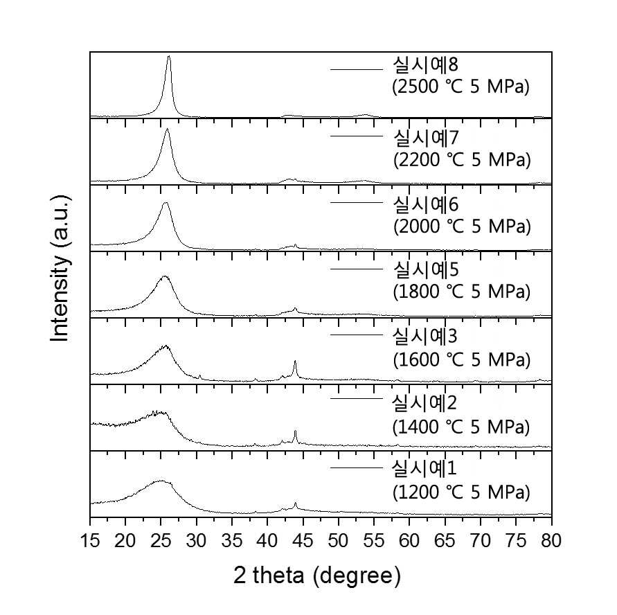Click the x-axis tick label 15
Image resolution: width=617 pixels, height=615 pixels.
tap(90, 541)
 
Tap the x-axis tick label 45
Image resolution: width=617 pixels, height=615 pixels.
tap(303, 541)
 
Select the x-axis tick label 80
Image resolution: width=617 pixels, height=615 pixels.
tap(551, 541)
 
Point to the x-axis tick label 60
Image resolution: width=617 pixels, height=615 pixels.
tap(409, 541)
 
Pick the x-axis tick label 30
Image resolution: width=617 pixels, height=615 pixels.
tap(196, 541)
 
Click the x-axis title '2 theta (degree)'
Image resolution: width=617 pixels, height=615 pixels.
tap(317, 576)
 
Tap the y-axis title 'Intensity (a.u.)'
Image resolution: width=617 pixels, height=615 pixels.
tap(60, 268)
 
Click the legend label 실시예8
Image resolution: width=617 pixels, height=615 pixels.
tap(425, 64)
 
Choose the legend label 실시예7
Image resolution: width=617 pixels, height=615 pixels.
tap(426, 138)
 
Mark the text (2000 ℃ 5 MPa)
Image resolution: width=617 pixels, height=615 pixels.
tap(462, 226)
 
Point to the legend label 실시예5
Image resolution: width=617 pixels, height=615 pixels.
tap(426, 270)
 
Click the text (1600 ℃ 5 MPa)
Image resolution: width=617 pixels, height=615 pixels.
tap(462, 359)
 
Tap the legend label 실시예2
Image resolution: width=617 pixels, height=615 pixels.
tap(424, 403)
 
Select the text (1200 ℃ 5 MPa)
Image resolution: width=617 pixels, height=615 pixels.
tap(461, 492)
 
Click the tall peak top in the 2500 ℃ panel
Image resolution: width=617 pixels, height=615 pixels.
tap(169, 56)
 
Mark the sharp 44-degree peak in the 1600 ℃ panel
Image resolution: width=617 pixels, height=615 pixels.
tap(295, 361)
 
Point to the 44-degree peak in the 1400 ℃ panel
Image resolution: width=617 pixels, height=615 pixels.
tap(295, 431)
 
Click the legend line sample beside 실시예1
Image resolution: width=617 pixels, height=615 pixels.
tap(357, 467)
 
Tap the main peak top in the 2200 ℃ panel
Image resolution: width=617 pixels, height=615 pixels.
tap(168, 129)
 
